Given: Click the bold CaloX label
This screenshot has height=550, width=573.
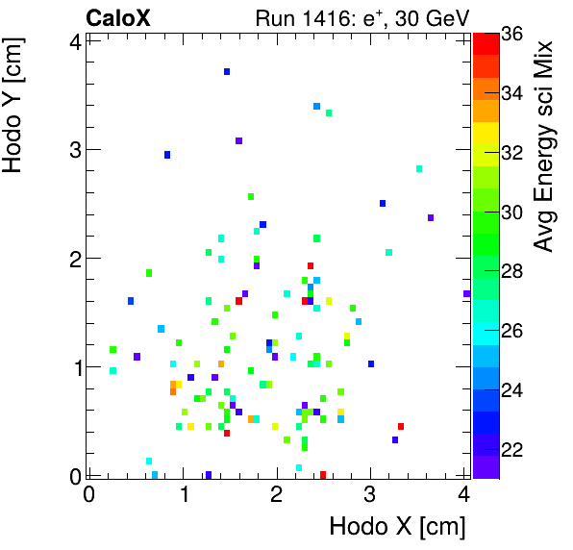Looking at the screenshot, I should point(117,17).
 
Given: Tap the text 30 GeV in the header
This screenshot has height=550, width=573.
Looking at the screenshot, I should point(432,17).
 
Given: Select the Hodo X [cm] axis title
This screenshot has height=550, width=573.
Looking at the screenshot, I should point(397,527).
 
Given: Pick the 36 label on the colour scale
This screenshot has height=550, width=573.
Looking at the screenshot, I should point(512,33).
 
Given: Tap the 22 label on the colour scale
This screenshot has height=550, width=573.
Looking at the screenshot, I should point(512,449).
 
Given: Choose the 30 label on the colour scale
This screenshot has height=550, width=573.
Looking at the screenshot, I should point(512,212).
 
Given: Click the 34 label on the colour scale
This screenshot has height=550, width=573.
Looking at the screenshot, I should point(512,92).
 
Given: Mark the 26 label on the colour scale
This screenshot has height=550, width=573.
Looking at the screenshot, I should point(512,331).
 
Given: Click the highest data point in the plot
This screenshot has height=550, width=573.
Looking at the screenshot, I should point(227,71).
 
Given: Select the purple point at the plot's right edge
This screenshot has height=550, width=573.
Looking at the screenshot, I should point(466,293).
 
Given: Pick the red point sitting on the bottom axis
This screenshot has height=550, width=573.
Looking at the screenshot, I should point(323,474).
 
